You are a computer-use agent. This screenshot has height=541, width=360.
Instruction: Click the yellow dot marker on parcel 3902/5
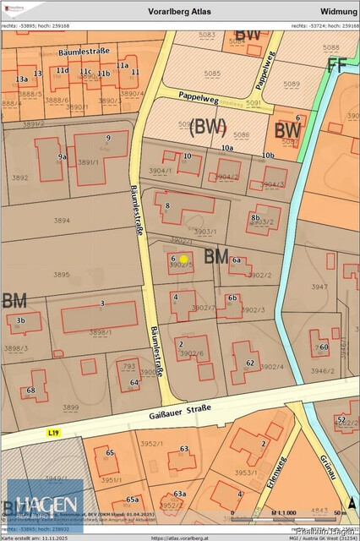click(183, 259)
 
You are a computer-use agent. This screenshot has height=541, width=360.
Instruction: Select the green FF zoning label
click(337, 66)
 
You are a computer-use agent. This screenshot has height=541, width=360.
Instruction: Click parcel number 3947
click(319, 287)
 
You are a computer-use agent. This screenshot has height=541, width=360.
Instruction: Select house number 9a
click(62, 156)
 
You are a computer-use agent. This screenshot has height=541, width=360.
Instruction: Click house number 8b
click(254, 217)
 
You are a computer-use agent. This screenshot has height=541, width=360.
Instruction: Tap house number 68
click(30, 391)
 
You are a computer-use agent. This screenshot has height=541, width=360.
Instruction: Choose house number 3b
click(21, 320)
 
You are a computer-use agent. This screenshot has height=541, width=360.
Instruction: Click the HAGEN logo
click(46, 505)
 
